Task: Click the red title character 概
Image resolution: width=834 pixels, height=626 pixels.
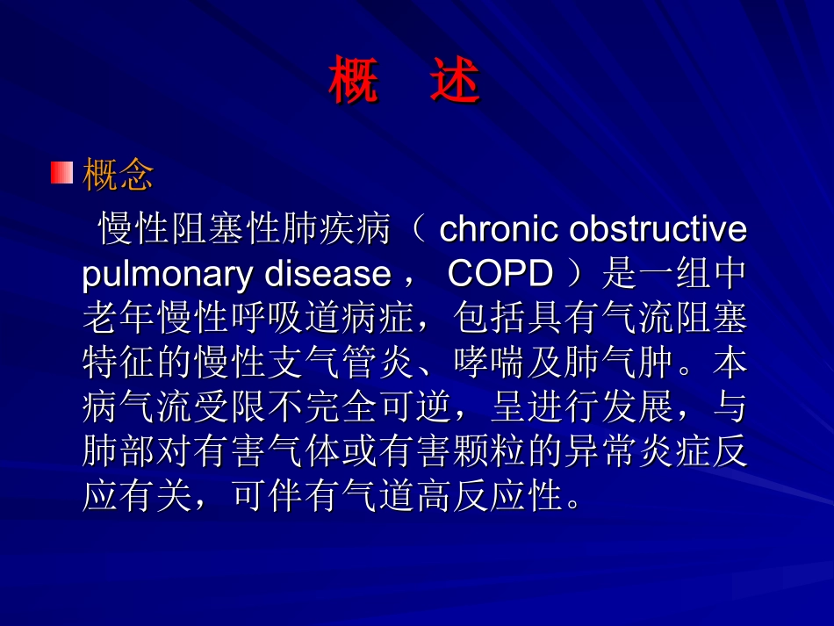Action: click(354, 80)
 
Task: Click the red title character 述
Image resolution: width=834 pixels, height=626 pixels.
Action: click(456, 80)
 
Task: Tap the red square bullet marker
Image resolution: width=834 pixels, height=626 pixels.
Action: click(61, 173)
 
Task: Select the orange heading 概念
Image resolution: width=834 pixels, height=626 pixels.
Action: click(119, 174)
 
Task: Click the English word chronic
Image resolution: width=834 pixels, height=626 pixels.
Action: click(499, 228)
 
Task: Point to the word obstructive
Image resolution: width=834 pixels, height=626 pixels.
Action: click(658, 228)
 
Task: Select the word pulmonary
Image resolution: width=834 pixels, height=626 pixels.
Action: click(167, 275)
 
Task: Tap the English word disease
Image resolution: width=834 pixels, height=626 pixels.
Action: click(327, 274)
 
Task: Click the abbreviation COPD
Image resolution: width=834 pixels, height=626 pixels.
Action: click(500, 274)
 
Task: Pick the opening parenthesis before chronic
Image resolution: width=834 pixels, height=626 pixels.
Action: click(419, 228)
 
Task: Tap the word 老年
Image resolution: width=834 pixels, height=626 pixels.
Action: click(119, 318)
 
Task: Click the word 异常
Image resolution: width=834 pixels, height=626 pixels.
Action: click(601, 451)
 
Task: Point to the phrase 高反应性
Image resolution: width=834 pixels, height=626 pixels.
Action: click(489, 496)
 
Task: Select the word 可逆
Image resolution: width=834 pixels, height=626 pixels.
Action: click(416, 407)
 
